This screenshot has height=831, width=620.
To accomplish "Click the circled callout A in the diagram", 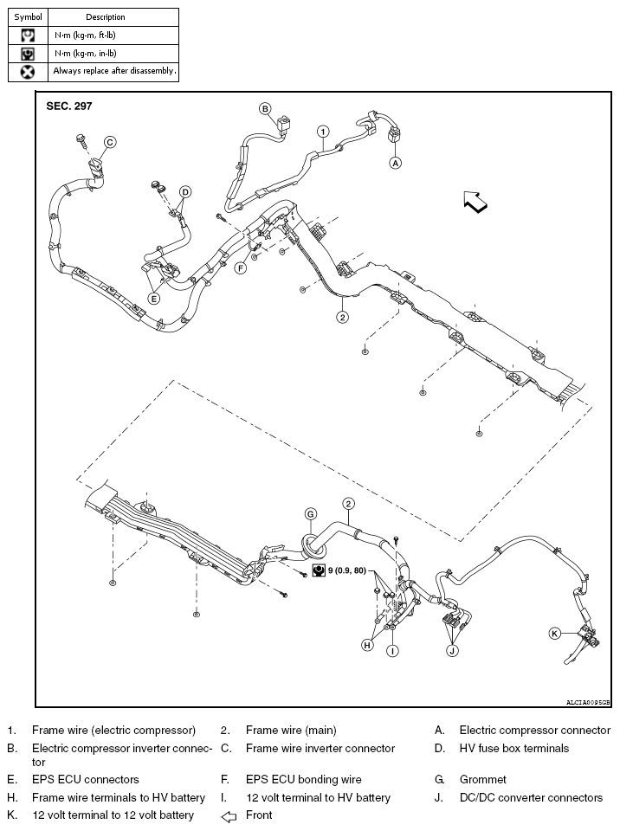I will [396, 162].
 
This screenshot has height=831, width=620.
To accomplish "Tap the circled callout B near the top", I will [266, 108].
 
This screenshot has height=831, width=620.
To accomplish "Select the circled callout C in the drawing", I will [110, 142].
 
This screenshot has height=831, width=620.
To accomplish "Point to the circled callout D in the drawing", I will [184, 191].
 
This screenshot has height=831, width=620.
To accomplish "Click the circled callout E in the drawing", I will [154, 299].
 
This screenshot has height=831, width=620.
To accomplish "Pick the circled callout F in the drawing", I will [241, 267].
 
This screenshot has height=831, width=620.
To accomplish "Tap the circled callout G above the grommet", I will [310, 514].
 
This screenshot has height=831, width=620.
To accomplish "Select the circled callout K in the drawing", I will [555, 633].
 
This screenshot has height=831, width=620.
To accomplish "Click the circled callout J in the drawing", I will [452, 650].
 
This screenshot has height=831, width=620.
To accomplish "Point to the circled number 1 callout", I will [322, 132].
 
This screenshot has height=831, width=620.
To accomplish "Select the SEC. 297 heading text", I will [68, 106].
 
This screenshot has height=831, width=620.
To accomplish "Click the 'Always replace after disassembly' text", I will [113, 71].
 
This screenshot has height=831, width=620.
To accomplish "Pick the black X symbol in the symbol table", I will [28, 71].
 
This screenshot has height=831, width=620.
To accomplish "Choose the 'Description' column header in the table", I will [106, 16].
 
